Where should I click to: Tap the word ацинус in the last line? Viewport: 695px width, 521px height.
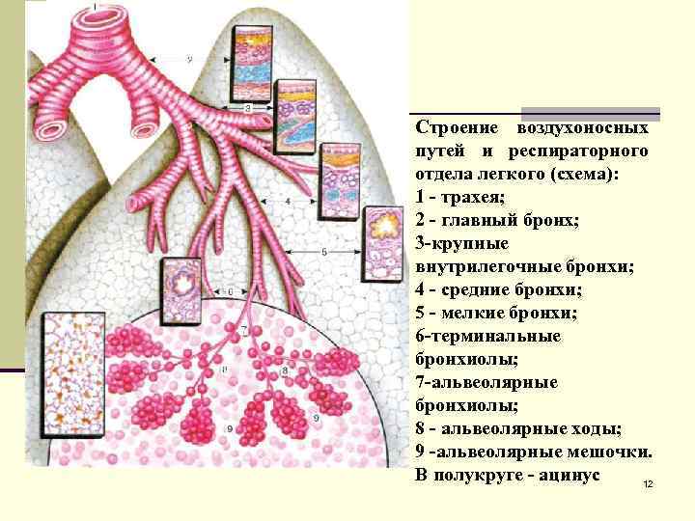568,475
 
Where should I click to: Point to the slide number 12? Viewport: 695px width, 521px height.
648,482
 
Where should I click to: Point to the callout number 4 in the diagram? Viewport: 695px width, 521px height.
288,201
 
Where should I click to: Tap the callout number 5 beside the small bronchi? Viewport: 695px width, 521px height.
324,251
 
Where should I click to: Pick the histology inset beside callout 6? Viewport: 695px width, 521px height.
181,288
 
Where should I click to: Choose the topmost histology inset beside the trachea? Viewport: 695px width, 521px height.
254,60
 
